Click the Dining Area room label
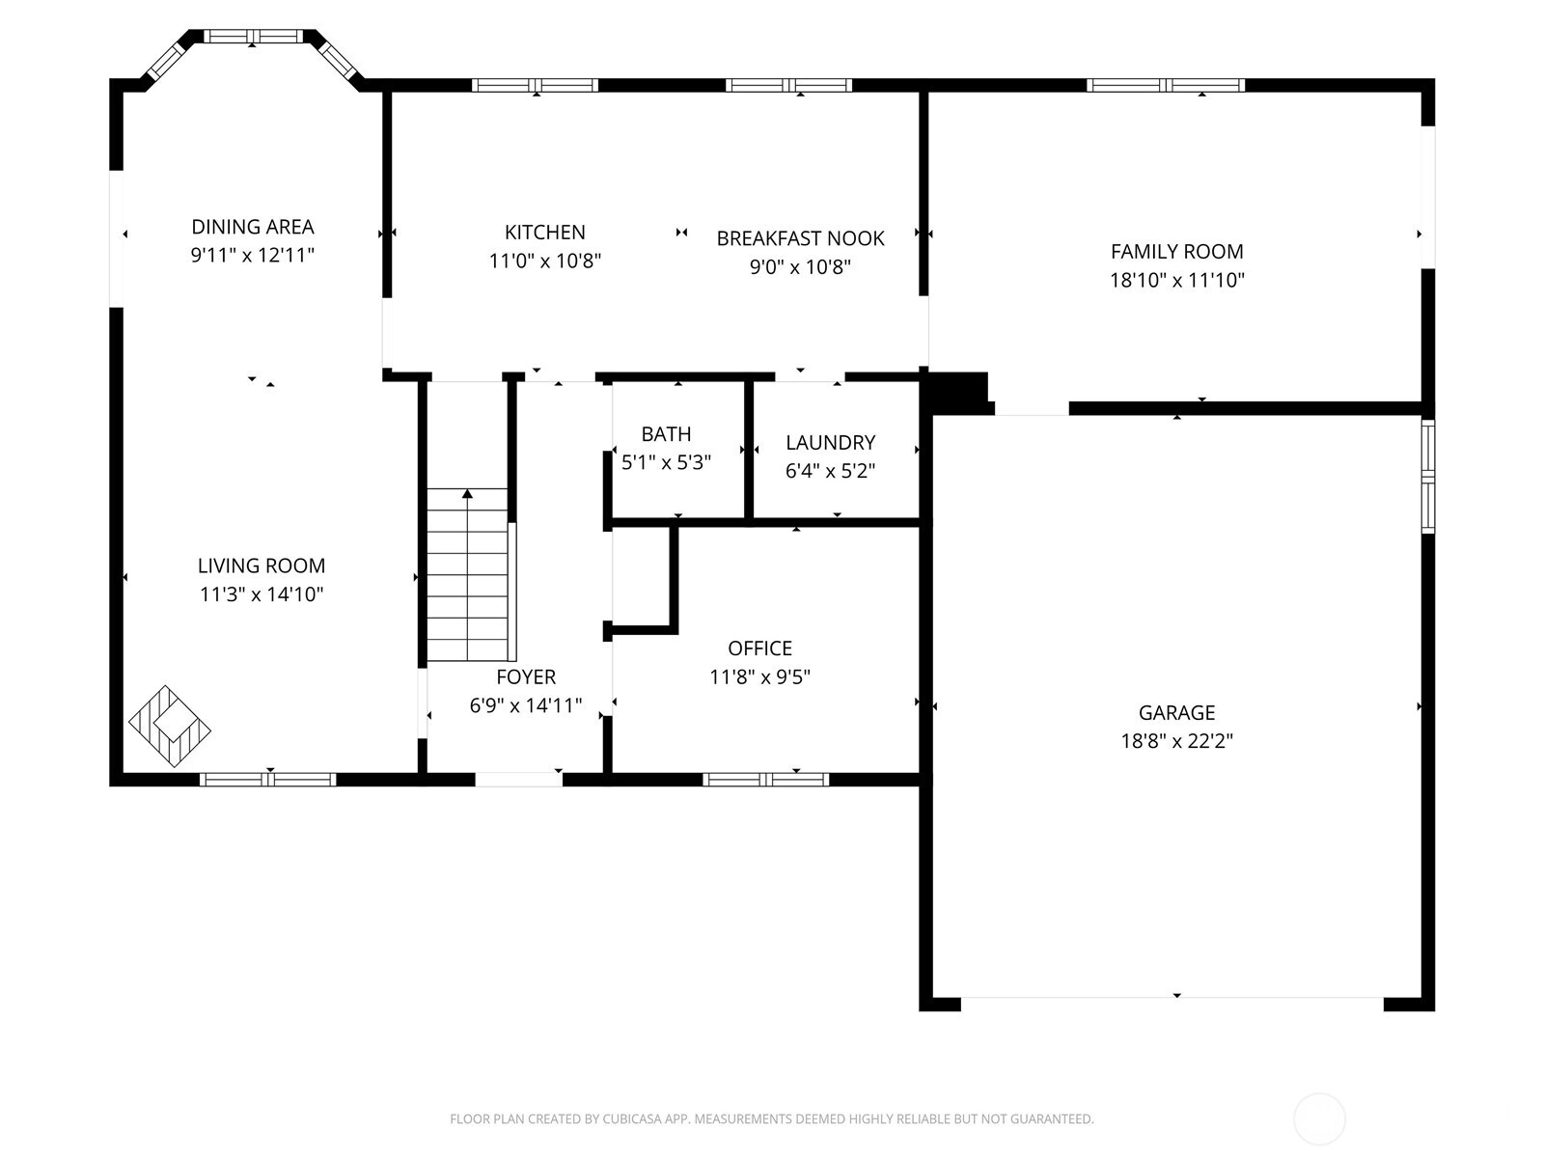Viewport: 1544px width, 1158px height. point(252,227)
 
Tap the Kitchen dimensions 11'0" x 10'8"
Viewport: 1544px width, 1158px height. point(545,261)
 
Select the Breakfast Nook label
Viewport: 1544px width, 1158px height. point(800,238)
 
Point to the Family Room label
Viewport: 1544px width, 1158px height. point(1176,252)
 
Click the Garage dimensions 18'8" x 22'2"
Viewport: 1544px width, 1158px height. point(1176,741)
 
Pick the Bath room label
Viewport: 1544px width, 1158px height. point(666,434)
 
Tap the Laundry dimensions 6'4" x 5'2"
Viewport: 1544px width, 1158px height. point(830,471)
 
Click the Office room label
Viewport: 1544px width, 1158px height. point(759,648)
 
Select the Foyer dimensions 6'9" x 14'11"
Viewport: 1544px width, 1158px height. point(526,705)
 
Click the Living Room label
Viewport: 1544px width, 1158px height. point(262,566)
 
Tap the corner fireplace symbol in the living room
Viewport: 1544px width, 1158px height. point(169,727)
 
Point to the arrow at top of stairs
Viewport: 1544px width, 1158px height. point(467,494)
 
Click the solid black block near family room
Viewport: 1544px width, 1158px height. point(957,391)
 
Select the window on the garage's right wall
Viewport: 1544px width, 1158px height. point(1427,476)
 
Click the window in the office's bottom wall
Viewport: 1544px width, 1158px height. point(765,780)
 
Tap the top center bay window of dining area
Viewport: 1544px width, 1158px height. point(253,37)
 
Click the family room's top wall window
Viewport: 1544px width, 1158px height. point(1165,85)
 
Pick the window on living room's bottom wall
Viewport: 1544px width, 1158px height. point(267,780)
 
